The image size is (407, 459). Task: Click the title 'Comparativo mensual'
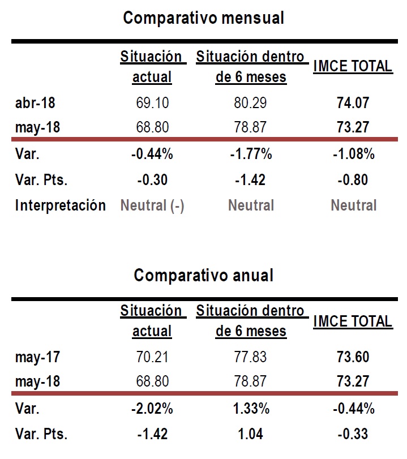[204, 18]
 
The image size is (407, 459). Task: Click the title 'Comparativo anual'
[204, 276]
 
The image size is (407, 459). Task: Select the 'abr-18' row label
[35, 103]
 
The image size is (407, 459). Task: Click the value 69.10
[152, 103]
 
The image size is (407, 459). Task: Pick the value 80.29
[250, 103]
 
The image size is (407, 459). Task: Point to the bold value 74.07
[353, 103]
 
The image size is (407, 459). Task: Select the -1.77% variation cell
[251, 154]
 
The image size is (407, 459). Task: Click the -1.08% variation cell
[354, 154]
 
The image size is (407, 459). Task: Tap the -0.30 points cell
[152, 180]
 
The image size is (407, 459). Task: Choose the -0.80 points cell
[353, 180]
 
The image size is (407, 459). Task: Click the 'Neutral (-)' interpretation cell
[152, 205]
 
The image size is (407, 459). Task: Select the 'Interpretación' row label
[61, 205]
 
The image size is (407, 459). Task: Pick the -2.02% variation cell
[152, 409]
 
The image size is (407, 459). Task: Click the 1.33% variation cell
[251, 409]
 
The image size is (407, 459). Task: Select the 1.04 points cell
[250, 434]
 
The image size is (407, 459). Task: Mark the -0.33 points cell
[353, 434]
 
